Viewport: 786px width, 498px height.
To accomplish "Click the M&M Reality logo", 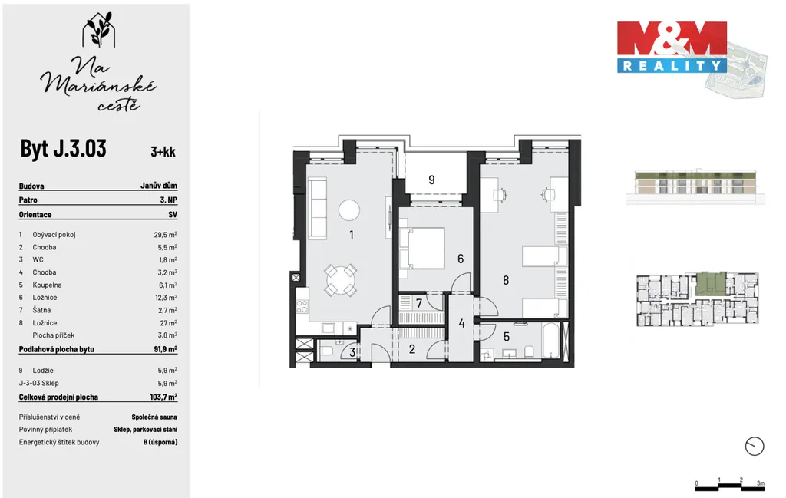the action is click(672, 47).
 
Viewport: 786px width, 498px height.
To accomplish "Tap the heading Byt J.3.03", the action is click(63, 148).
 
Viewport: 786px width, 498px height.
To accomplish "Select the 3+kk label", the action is click(163, 151).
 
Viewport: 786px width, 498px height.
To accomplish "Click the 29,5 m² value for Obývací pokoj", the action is click(166, 234).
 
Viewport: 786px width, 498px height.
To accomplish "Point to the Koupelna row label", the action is click(47, 285).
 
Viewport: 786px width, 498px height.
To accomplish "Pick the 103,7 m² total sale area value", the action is click(163, 397).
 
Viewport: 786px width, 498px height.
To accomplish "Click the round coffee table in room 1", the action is click(349, 210).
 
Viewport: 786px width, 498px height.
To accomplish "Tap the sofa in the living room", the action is click(317, 208).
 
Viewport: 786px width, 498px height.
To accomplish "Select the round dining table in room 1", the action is click(340, 280).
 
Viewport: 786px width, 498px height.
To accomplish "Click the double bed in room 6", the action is click(422, 248).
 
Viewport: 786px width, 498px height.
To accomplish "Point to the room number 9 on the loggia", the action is click(431, 180).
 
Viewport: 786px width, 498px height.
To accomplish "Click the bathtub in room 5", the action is click(551, 341).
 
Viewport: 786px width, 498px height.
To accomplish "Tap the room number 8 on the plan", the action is click(506, 281).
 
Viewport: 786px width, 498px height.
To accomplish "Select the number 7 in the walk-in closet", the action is click(419, 304).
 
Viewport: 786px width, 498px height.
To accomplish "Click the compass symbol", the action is click(755, 446).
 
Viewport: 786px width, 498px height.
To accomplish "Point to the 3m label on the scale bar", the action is click(761, 483).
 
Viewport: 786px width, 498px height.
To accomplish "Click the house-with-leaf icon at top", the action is click(99, 30).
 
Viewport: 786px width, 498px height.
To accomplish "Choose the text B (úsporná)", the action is click(160, 443).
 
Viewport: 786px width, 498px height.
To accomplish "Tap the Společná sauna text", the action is click(154, 417).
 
